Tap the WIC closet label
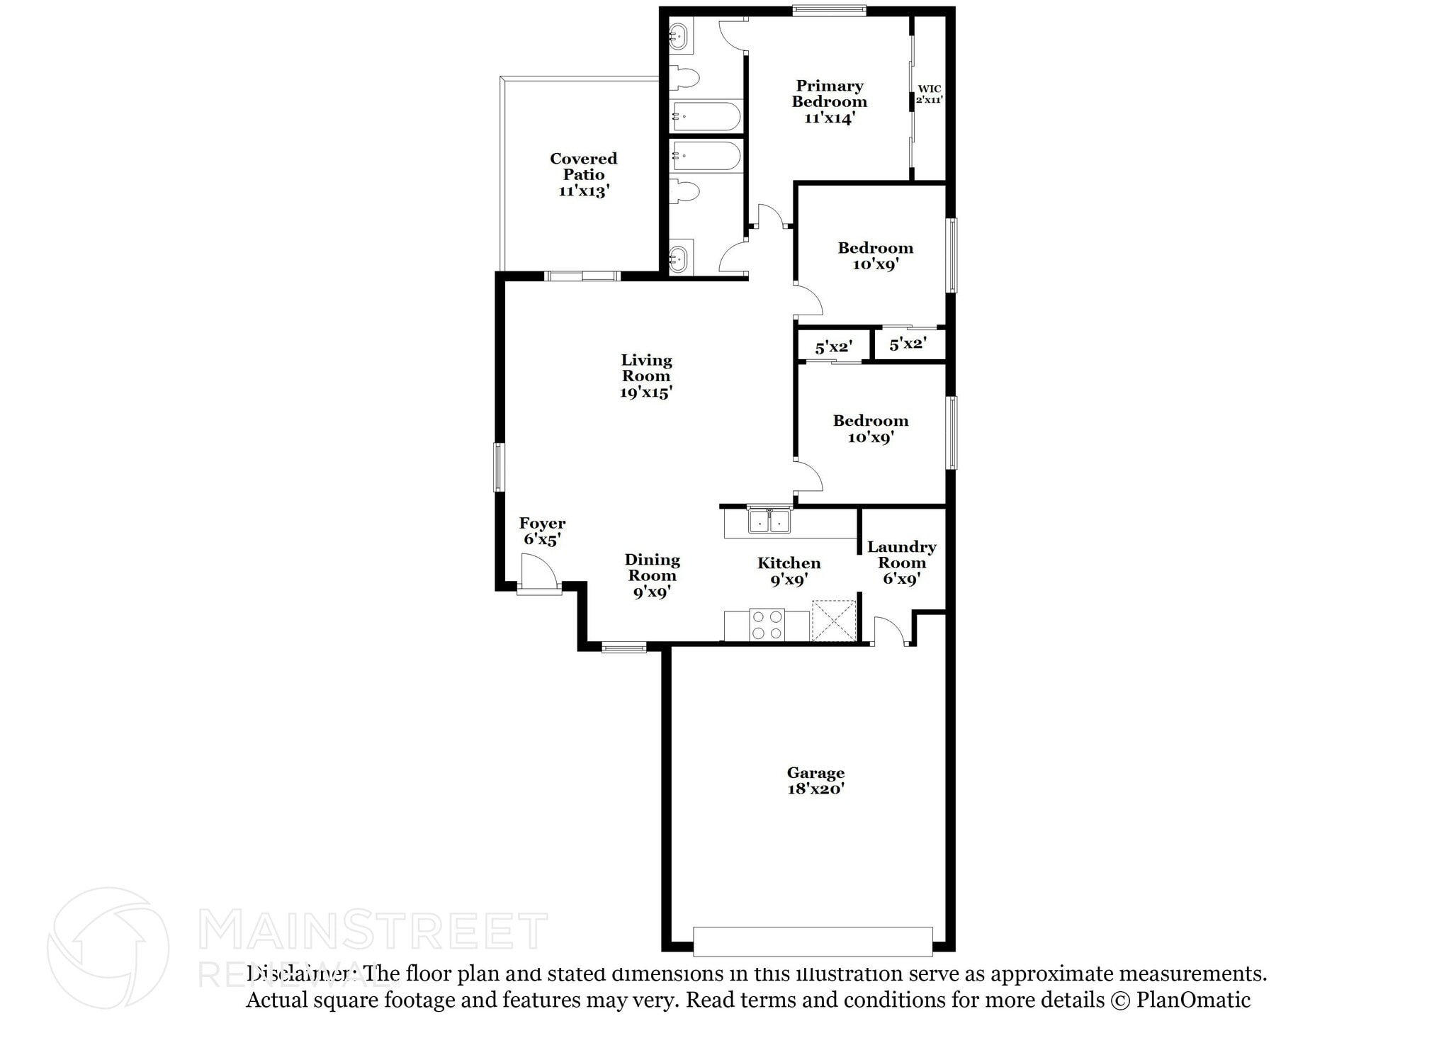click(929, 89)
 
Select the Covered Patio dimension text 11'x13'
click(584, 191)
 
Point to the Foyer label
click(542, 524)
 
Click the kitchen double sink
click(769, 521)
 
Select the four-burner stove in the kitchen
click(767, 624)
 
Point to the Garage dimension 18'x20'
click(815, 789)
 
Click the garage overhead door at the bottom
click(813, 941)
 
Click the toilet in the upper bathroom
click(684, 78)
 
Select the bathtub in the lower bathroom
click(706, 157)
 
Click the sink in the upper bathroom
click(679, 35)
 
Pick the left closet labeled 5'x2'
click(832, 347)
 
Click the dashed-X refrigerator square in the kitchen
click(833, 621)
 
